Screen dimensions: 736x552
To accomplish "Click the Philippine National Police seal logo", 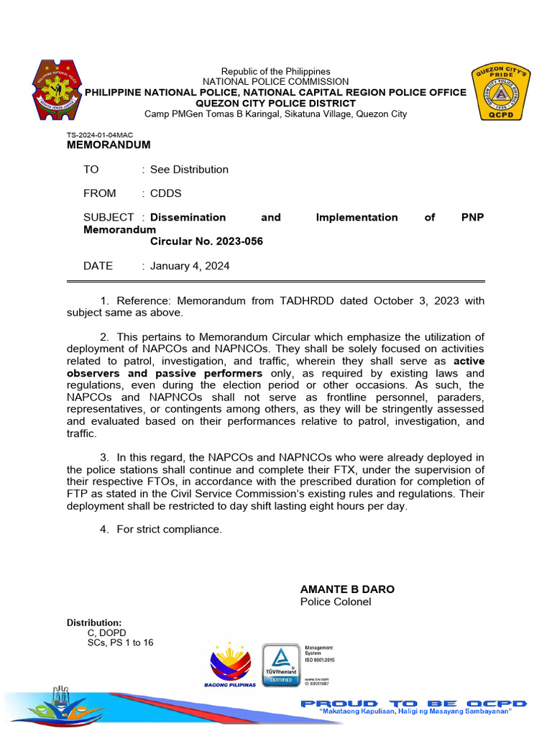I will (57, 91).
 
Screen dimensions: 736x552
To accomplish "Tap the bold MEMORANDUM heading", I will (109, 144).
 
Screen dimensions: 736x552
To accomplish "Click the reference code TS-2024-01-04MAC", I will (100, 135).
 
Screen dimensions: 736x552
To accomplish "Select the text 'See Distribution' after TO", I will (189, 170).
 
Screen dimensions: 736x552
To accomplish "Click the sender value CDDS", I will (165, 193).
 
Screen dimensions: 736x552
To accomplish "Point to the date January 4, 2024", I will (190, 266).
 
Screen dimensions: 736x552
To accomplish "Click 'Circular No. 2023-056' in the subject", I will (206, 241).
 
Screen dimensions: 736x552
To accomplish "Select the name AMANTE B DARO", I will (347, 589).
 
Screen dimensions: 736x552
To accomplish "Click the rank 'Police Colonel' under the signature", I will (336, 602).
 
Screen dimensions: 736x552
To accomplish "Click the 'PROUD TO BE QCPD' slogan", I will (413, 704).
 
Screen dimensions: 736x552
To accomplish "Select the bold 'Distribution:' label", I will (94, 622).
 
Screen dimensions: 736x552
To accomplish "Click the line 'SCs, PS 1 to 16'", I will (120, 643).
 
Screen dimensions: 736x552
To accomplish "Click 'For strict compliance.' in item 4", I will (170, 530).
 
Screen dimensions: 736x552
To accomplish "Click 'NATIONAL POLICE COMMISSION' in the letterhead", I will (275, 82).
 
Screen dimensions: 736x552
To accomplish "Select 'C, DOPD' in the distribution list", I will (106, 632).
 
